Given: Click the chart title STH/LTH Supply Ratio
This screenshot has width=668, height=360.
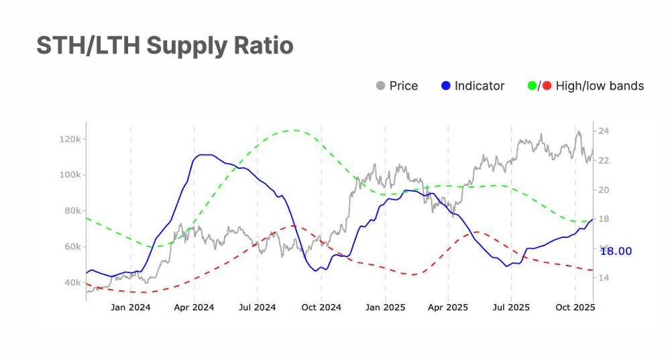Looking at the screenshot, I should coord(164,46).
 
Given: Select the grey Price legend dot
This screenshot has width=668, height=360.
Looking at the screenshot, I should coord(381,86).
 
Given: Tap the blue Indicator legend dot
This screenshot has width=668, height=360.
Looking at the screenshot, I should coord(446,86).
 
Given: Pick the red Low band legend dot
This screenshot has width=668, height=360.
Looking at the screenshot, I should coord(546,86).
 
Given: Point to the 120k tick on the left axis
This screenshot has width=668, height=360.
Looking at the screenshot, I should coord(70,139).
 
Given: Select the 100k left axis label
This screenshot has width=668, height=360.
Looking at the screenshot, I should coord(70,175).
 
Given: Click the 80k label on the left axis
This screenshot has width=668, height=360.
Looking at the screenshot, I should coord(72,211).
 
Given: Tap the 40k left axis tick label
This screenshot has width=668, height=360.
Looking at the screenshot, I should coord(72,283).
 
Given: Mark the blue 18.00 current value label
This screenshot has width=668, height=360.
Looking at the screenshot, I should coord(616,251).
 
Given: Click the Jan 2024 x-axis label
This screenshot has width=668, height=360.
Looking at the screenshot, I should coord(131,308).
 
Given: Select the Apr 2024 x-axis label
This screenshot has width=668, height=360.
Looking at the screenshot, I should coord(194,308).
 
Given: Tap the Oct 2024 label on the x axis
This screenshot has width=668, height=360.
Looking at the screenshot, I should coord(321,308).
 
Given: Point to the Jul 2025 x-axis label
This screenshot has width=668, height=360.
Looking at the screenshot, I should coord(511,308).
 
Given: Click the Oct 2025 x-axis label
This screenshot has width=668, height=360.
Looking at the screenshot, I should coord(575,308).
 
